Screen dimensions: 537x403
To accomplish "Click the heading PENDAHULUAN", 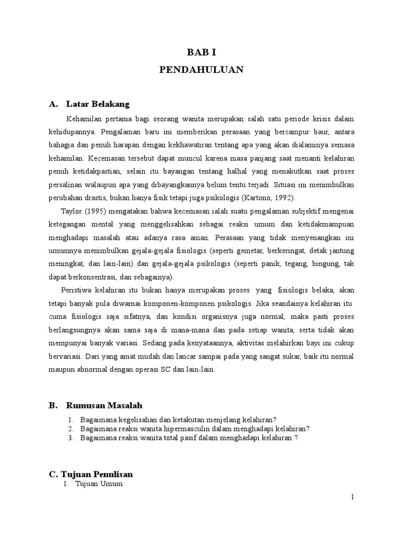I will click(201, 70).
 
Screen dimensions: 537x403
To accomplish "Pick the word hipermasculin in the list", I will click(171, 428).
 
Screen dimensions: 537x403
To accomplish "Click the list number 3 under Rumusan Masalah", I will click(70, 438).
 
